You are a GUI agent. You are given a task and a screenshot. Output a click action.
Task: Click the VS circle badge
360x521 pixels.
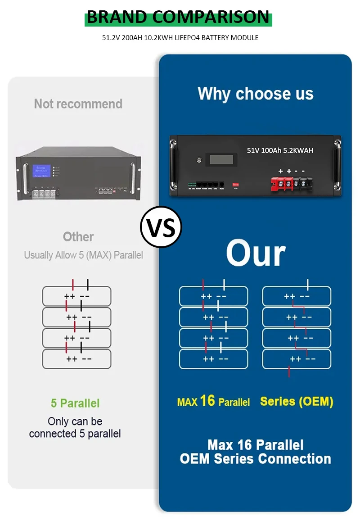[x=161, y=227]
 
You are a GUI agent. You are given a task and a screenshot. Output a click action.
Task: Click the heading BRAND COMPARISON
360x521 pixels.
[x=178, y=18]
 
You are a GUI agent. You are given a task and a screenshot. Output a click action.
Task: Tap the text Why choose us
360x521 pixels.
[x=255, y=94]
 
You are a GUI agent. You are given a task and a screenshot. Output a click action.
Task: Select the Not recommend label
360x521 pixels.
[x=78, y=104]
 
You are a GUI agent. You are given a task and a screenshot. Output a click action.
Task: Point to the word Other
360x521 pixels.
[x=78, y=237]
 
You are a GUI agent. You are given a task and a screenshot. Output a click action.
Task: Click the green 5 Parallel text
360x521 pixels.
[x=75, y=403]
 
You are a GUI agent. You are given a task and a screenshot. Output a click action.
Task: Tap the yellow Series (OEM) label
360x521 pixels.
[x=297, y=401]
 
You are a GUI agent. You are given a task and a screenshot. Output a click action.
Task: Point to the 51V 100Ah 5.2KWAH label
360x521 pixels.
[x=280, y=150]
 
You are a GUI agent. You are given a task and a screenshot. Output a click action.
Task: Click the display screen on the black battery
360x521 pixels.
[x=220, y=159]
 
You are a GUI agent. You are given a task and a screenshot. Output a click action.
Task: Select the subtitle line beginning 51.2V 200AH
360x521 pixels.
[x=180, y=38]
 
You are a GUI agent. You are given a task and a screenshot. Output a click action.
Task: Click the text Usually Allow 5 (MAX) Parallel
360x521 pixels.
[x=83, y=255]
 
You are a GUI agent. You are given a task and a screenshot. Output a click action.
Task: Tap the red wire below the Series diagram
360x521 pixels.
[x=289, y=372]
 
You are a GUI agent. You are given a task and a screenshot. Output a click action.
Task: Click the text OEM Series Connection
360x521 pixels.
[x=255, y=459]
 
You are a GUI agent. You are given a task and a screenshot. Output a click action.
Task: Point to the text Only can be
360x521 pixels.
[x=75, y=421]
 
